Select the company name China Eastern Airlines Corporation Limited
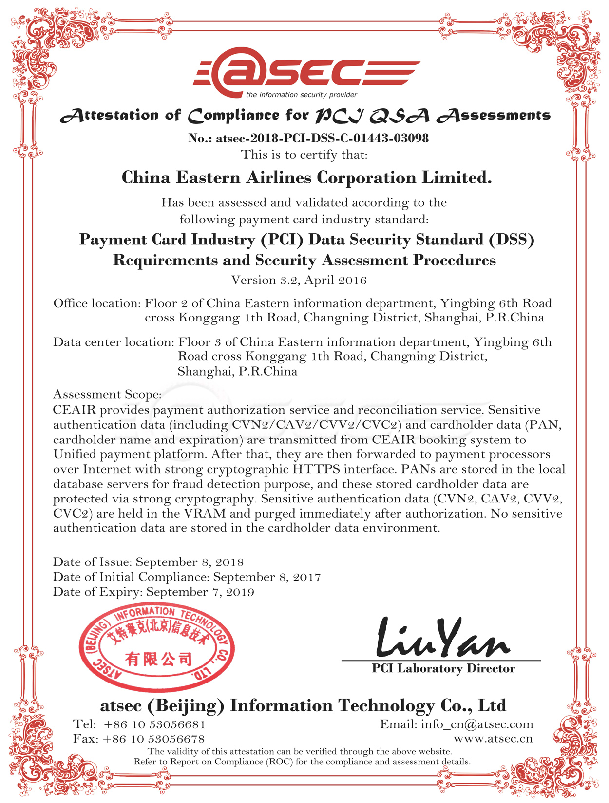[x=306, y=177]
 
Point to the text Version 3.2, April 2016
[x=299, y=280]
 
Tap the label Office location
[x=97, y=303]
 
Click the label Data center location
[x=114, y=342]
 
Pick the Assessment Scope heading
[x=107, y=394]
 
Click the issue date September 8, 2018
[x=190, y=562]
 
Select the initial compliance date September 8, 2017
[x=267, y=577]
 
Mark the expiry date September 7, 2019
[x=200, y=592]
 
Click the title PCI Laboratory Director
[x=443, y=668]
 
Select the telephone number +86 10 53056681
[x=154, y=724]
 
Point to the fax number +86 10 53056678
[x=153, y=739]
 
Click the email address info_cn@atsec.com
[x=477, y=724]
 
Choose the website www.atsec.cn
[x=493, y=739]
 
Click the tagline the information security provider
[x=302, y=95]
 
